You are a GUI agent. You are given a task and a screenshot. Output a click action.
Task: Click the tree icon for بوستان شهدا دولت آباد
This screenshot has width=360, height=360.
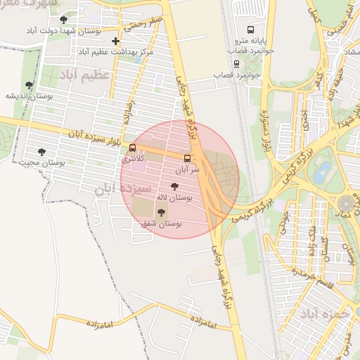64,20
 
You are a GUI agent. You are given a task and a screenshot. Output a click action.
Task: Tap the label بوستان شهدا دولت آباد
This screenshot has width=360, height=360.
63,31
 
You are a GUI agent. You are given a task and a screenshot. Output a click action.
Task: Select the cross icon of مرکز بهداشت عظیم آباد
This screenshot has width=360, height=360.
116,41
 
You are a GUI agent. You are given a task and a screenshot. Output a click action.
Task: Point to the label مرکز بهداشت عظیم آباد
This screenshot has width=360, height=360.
116,53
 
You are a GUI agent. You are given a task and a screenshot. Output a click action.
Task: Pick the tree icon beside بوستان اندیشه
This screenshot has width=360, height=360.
29,85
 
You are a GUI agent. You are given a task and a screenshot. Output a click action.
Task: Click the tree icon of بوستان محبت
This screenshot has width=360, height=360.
41,151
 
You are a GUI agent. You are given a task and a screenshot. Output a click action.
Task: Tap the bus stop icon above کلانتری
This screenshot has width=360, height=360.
133,148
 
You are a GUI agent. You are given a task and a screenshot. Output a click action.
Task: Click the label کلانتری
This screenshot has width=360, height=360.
135,159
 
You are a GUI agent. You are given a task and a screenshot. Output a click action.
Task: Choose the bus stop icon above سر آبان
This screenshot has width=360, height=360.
187,158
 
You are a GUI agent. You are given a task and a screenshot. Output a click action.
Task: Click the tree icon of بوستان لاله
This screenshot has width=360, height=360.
174,186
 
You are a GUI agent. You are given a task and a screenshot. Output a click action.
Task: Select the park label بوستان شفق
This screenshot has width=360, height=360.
162,223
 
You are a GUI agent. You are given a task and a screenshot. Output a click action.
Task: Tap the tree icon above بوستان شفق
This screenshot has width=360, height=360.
162,212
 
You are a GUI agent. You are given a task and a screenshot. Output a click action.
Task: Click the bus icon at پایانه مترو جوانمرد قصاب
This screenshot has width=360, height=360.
251,30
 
